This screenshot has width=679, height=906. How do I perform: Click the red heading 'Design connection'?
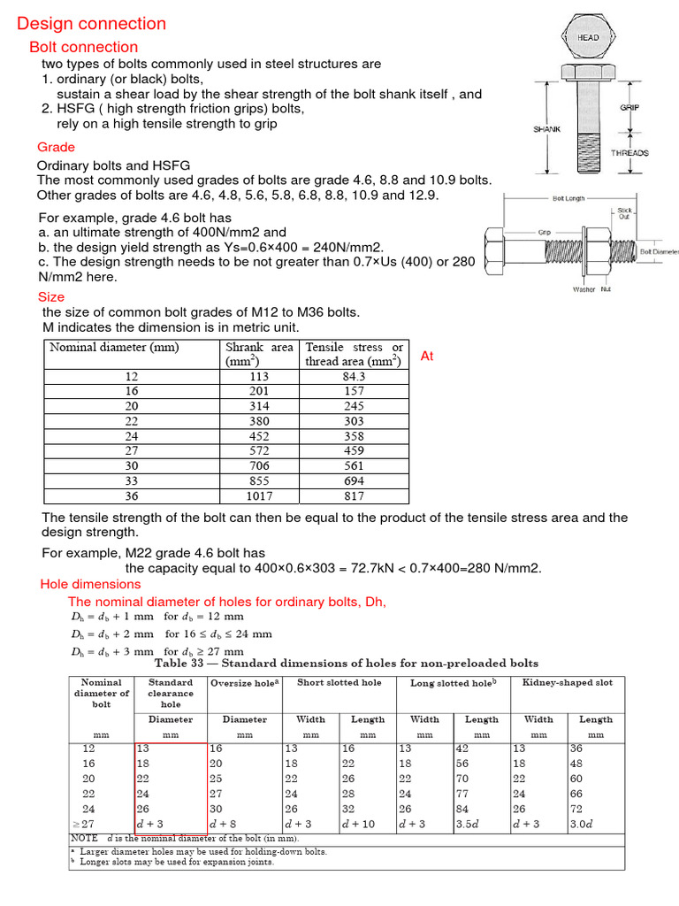[x=91, y=24]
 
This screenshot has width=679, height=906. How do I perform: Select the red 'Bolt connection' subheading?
[x=84, y=47]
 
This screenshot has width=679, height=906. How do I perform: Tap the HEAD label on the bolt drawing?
[x=588, y=38]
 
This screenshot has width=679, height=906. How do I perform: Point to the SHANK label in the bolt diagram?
[x=546, y=129]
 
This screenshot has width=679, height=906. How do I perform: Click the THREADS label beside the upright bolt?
[x=629, y=153]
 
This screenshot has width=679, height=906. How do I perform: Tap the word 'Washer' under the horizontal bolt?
[x=584, y=289]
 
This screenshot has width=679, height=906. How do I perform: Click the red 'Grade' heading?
[x=56, y=147]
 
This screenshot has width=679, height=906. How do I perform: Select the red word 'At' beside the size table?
[x=427, y=356]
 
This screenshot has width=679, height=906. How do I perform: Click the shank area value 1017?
[x=259, y=496]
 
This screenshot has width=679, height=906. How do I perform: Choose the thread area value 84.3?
[x=354, y=375]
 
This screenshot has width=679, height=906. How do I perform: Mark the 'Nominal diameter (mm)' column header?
[x=114, y=348]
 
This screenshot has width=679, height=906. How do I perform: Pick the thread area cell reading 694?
[x=354, y=481]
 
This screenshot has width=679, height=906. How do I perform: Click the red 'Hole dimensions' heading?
[x=90, y=584]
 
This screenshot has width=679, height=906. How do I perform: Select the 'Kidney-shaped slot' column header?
[x=568, y=683]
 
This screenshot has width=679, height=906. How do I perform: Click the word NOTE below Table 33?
[x=84, y=838]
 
